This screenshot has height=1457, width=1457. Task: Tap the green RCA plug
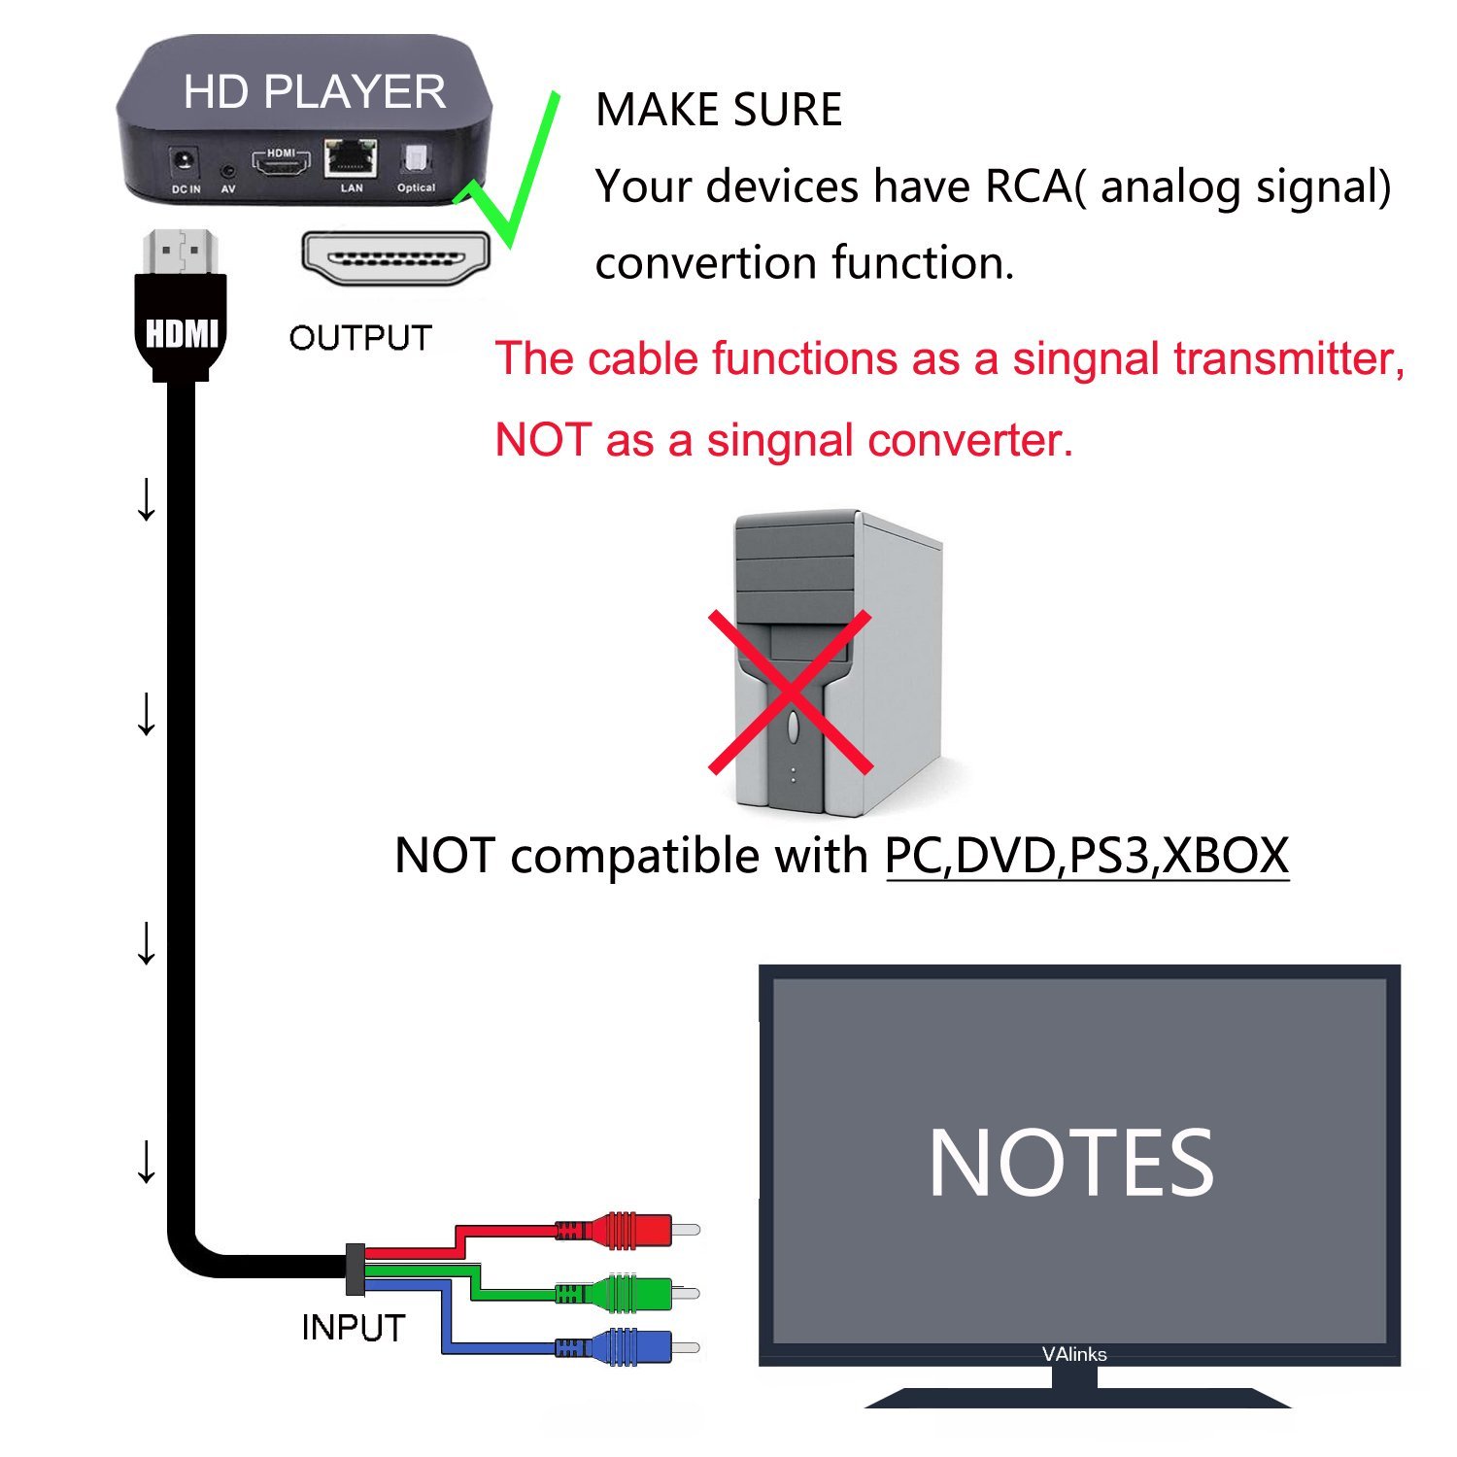pyautogui.click(x=627, y=1293)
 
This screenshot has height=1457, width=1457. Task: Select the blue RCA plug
pyautogui.click(x=627, y=1347)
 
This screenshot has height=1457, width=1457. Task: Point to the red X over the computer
pyautogui.click(x=790, y=692)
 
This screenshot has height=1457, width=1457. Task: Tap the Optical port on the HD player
pyautogui.click(x=416, y=158)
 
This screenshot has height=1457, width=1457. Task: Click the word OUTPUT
pyautogui.click(x=360, y=338)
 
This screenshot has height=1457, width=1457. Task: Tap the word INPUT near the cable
pyautogui.click(x=353, y=1328)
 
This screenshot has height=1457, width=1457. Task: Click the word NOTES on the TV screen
pyautogui.click(x=1071, y=1163)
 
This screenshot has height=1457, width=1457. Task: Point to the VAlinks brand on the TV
pyautogui.click(x=1074, y=1354)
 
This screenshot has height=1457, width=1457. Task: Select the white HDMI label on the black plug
pyautogui.click(x=181, y=333)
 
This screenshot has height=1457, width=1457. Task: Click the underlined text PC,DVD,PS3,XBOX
pyautogui.click(x=1087, y=856)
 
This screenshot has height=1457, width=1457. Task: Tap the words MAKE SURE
pyautogui.click(x=719, y=109)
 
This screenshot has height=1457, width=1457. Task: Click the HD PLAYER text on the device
pyautogui.click(x=314, y=91)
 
